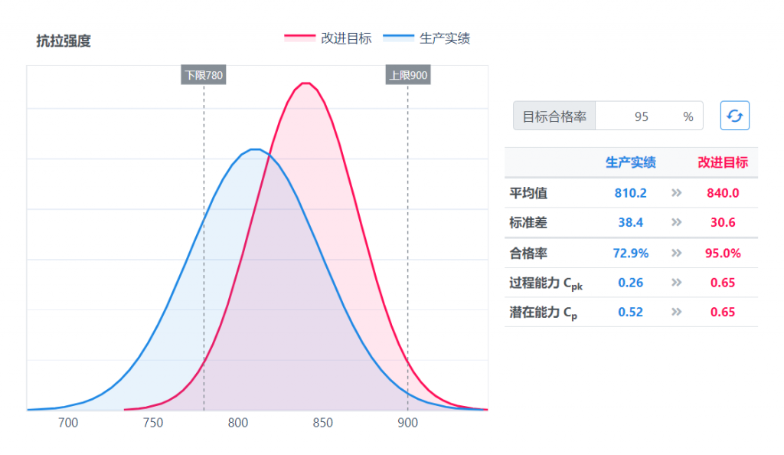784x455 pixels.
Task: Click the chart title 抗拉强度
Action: point(64,41)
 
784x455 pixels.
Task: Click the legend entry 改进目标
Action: point(328,38)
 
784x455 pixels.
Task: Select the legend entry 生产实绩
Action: point(426,38)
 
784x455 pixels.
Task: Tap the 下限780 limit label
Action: point(204,75)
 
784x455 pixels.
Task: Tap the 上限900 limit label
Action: point(408,75)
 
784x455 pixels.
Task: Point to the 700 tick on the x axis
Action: point(68,423)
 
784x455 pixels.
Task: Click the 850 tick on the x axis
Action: point(322,423)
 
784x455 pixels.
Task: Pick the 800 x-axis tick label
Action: point(238,423)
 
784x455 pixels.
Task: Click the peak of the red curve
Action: point(306,83)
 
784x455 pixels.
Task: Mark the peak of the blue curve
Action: point(256,149)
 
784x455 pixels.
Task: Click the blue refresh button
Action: point(734,116)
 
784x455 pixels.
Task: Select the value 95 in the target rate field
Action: point(642,117)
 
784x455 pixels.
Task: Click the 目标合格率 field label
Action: point(554,117)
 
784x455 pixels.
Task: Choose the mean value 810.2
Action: point(631,193)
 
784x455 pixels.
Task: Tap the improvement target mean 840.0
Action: point(723,193)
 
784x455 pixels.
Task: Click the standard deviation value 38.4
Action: point(631,222)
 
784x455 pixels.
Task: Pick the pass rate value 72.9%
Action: point(631,253)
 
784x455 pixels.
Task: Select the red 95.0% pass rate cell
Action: point(723,253)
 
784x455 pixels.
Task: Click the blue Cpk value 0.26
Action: point(631,283)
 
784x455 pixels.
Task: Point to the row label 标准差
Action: point(528,222)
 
